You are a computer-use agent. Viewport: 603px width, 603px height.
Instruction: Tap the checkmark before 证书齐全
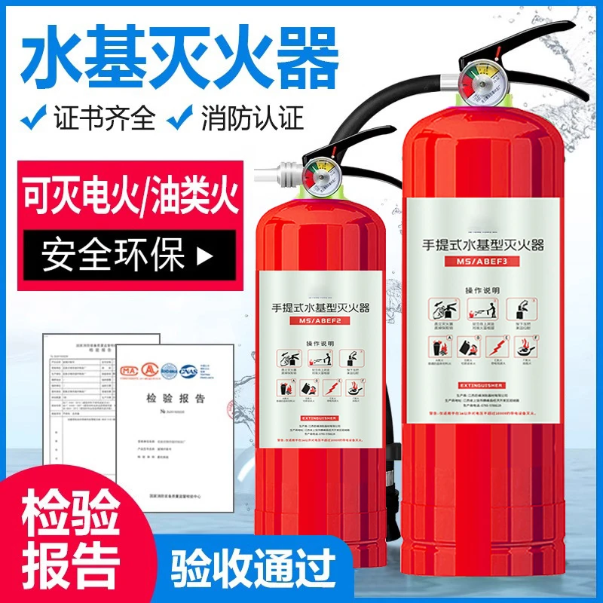click(x=34, y=118)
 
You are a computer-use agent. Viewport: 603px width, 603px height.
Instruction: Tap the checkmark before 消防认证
click(x=182, y=118)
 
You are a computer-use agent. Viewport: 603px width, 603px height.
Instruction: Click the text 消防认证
click(x=252, y=118)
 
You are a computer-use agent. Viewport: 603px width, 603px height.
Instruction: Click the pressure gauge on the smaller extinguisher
click(x=314, y=175)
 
